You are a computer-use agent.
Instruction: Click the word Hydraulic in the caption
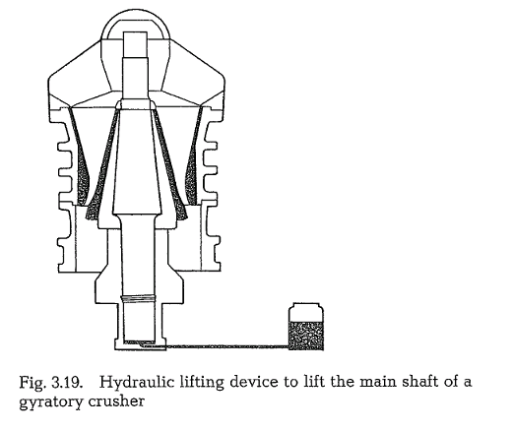pyautogui.click(x=136, y=383)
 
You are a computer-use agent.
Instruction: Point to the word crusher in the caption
pyautogui.click(x=116, y=401)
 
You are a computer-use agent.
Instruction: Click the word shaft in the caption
pyautogui.click(x=416, y=382)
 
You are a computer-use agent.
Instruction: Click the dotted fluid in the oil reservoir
pyautogui.click(x=306, y=336)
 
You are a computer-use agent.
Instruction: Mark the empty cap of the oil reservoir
pyautogui.click(x=306, y=313)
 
